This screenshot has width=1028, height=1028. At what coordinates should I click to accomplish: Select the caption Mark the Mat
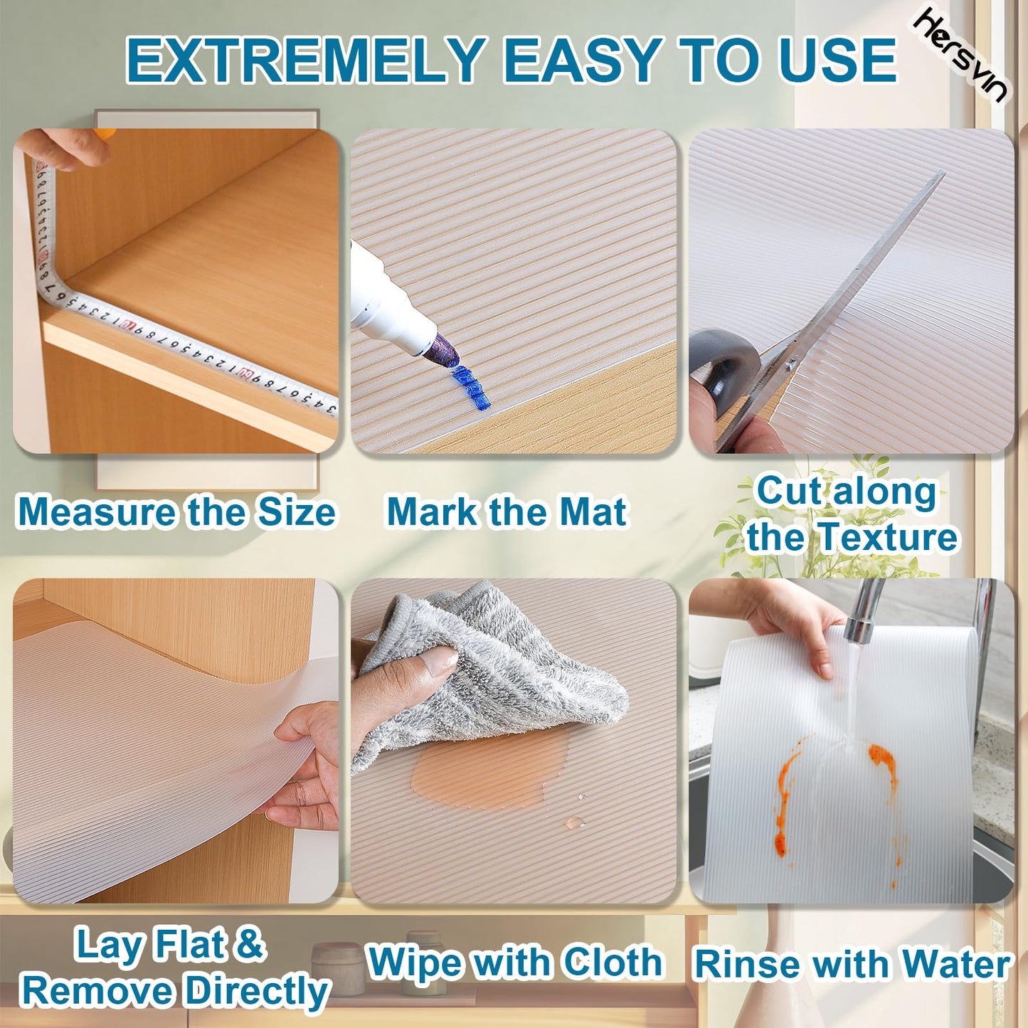[506, 512]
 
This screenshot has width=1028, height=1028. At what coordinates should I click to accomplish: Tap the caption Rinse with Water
[852, 965]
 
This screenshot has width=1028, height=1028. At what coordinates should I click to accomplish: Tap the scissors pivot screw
[789, 366]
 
